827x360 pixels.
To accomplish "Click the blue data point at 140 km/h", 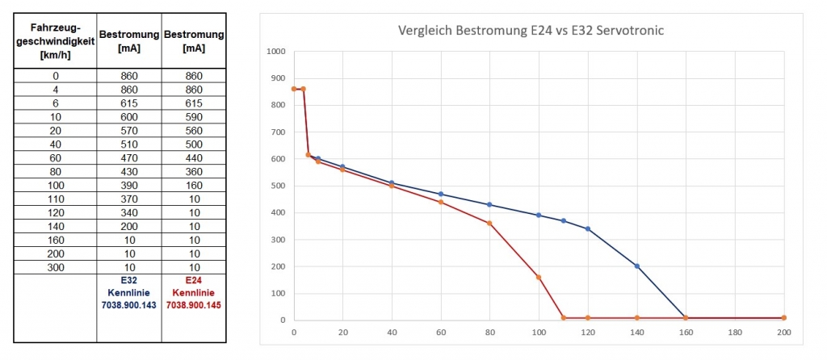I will point(637,266).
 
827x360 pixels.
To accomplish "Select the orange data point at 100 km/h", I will point(539,277).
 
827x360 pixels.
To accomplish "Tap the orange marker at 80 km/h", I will point(489,224).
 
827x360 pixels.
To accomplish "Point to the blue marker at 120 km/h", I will point(588,228).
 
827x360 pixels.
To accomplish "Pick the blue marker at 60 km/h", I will point(441,194).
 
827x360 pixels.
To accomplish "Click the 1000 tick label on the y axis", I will point(276,52).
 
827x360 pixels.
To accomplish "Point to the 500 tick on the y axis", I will point(279,186).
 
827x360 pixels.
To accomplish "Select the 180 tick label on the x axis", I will point(734,332).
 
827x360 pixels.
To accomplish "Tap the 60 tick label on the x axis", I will point(441,332).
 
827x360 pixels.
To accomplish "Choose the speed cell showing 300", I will point(56,266).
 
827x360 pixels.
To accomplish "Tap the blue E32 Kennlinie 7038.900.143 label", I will point(129,293).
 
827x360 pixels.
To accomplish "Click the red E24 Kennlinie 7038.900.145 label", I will point(193,293).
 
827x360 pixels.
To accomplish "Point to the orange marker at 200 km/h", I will point(783,318).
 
